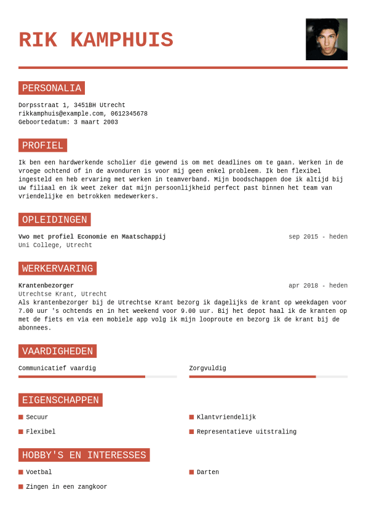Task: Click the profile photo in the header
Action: tap(326, 39)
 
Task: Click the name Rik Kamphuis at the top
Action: tap(96, 41)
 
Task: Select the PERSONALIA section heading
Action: tap(52, 88)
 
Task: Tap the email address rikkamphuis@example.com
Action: tap(61, 114)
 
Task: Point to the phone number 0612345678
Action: tap(129, 114)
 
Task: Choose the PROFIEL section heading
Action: tap(42, 146)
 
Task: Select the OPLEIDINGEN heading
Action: tap(55, 219)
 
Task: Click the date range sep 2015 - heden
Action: tap(317, 237)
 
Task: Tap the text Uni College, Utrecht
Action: tap(55, 245)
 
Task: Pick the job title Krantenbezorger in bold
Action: tap(46, 286)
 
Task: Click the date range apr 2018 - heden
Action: tap(317, 286)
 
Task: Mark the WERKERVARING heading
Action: tap(58, 269)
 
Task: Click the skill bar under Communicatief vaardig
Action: tap(97, 376)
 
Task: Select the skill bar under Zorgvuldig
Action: tap(268, 376)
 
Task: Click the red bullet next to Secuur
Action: tap(21, 417)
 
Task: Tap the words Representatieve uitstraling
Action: tap(246, 432)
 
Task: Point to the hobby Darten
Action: tap(208, 473)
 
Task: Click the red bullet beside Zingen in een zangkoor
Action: tap(21, 487)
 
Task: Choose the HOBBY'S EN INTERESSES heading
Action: tap(84, 455)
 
